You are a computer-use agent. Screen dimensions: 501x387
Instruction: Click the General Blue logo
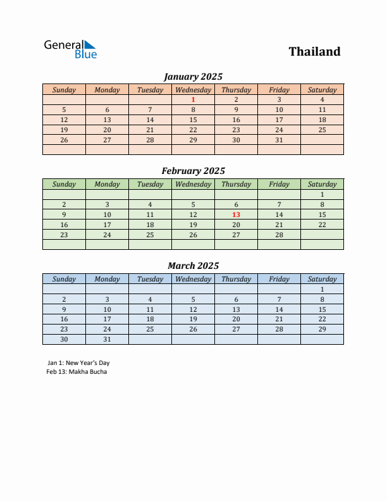70,49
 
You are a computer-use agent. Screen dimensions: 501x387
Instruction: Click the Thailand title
314,52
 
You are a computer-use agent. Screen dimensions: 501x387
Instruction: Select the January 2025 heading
193,77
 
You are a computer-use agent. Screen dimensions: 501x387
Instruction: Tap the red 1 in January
193,99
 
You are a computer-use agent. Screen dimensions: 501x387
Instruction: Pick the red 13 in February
236,214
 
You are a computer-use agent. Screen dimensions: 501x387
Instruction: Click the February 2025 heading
193,171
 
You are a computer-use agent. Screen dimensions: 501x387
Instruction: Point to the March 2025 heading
193,266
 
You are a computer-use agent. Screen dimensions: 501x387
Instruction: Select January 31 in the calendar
279,140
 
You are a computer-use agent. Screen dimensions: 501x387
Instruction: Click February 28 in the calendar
279,235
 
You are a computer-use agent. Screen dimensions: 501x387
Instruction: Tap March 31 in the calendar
107,340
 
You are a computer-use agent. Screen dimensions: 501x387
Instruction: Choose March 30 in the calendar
64,340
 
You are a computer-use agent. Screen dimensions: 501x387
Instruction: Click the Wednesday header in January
193,90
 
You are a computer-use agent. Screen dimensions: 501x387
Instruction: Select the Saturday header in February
322,184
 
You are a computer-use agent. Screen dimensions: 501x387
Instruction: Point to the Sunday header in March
64,279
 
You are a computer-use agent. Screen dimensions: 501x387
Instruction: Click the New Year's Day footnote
78,363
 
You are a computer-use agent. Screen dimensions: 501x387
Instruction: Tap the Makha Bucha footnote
77,372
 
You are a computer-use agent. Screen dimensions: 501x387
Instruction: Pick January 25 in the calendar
322,130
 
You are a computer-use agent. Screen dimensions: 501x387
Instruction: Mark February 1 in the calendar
322,194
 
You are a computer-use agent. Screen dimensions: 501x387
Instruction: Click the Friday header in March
279,279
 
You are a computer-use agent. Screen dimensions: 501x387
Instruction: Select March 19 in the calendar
193,319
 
